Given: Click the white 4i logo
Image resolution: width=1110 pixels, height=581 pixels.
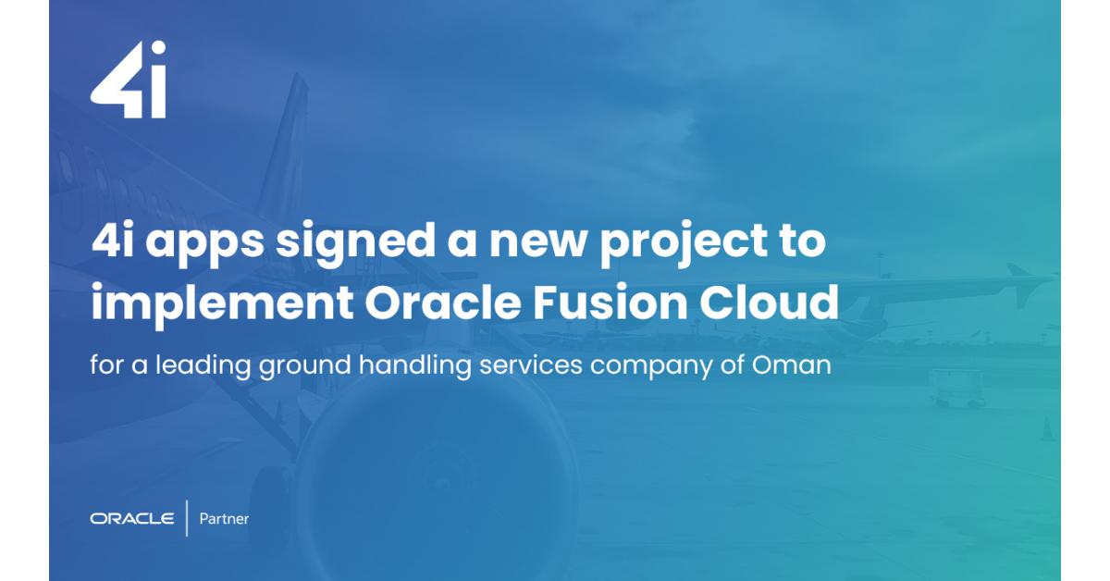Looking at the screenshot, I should coord(128,80).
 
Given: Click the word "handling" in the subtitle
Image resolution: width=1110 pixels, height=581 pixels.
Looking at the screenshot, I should coord(415,365).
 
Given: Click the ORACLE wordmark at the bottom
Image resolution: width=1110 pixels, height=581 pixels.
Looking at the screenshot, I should coord(131,519).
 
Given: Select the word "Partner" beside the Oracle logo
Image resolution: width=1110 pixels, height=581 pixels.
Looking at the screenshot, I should coord(224,519).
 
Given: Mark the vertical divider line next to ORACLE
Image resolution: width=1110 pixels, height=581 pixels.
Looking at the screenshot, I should coord(187,518).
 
